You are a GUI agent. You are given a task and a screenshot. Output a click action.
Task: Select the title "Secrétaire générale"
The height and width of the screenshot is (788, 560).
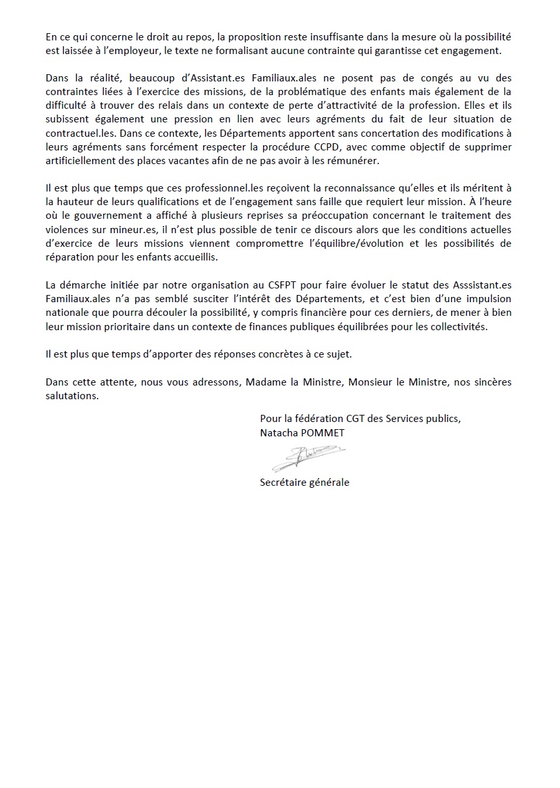point(304,483)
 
